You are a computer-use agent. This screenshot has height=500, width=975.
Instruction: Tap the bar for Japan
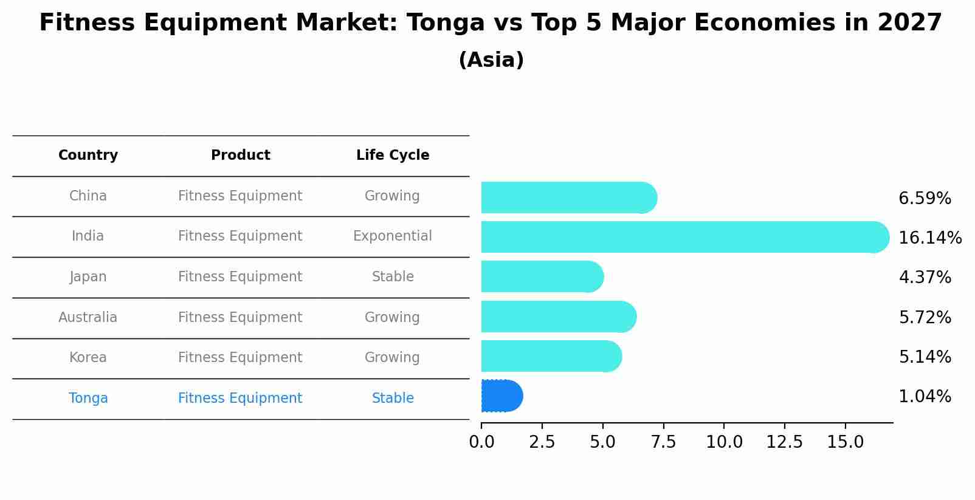542,276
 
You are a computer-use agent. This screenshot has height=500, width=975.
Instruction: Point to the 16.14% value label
929,238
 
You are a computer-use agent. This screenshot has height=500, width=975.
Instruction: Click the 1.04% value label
925,397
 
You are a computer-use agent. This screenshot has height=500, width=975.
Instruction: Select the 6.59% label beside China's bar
925,199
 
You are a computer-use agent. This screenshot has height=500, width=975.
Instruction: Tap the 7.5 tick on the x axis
663,442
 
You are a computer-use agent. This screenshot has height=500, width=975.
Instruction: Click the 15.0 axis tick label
845,442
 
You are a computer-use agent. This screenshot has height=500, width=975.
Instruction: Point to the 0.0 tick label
481,442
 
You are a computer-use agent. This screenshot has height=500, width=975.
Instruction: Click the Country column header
88,156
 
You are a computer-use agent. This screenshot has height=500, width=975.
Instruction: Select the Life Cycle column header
393,156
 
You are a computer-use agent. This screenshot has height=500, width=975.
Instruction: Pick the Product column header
241,156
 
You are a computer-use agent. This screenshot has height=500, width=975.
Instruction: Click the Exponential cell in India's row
393,236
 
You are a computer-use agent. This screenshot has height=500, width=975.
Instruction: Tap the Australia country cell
88,318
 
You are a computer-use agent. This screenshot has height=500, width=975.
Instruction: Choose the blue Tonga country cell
88,399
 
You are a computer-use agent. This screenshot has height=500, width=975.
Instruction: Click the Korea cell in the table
88,358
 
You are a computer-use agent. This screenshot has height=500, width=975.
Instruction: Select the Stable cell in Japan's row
393,277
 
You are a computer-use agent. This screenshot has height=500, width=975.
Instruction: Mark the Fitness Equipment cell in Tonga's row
240,399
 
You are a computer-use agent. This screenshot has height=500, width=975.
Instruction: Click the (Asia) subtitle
491,60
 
